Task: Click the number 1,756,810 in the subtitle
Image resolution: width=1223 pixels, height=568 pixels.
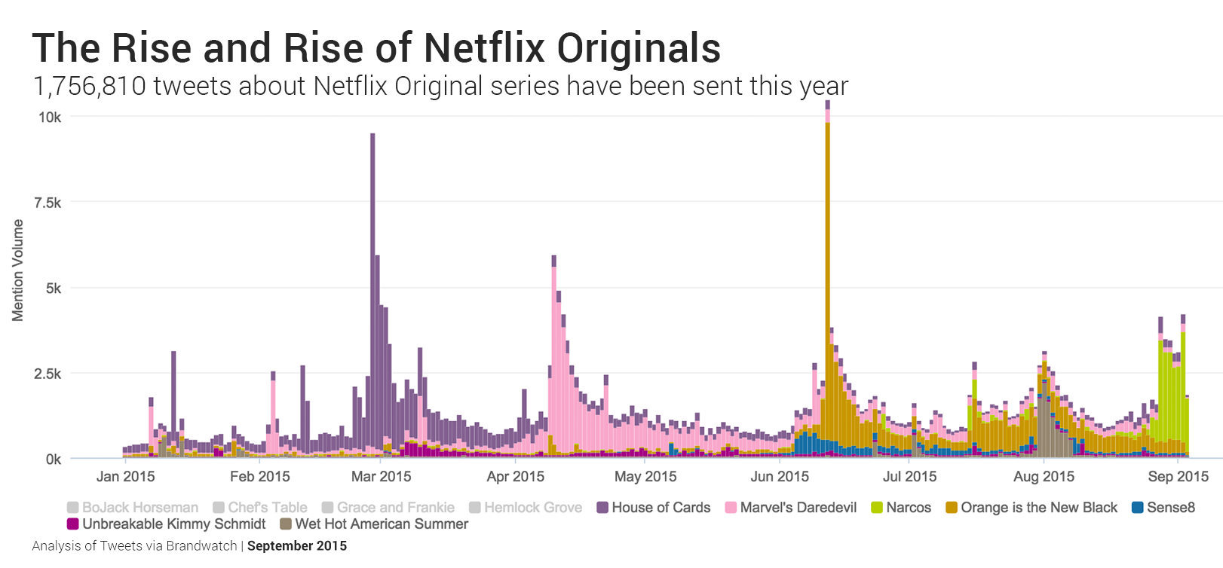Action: pos(89,87)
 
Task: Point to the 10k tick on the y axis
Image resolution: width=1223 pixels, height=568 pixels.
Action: pos(50,117)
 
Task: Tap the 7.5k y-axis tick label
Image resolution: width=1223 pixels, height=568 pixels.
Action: pos(48,203)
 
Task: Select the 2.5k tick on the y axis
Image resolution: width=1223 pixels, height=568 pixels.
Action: pos(48,374)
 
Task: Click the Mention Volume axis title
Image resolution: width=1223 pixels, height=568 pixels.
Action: pos(18,270)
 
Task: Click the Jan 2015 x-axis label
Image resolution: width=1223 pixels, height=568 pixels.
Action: pos(125,476)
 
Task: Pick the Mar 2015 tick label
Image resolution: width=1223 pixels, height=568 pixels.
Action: pos(381,476)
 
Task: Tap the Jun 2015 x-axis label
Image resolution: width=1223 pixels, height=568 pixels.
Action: pos(780,476)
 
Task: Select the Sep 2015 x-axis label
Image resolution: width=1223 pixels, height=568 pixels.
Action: pos(1178,476)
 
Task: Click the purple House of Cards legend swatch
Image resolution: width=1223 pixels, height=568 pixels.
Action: pos(602,508)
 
